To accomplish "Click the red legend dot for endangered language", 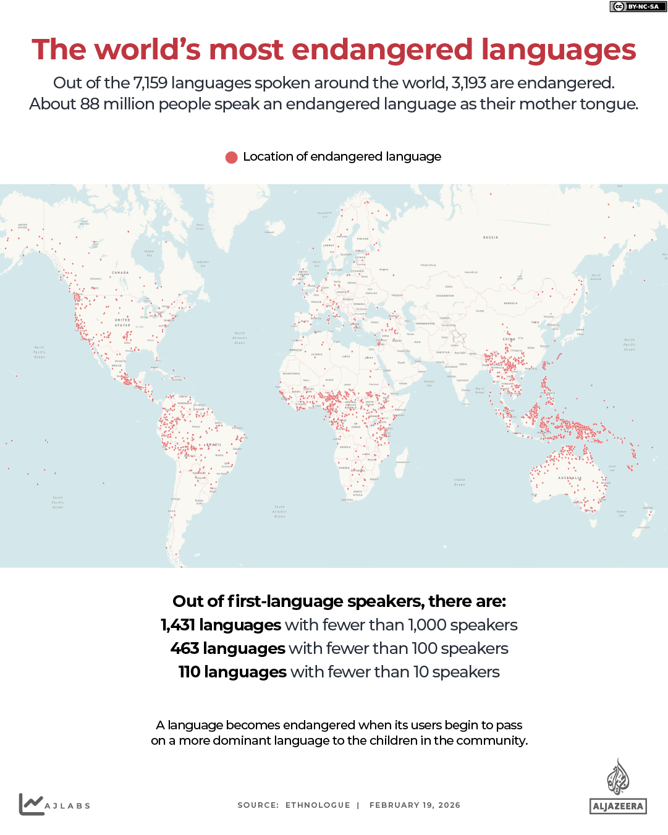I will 232,157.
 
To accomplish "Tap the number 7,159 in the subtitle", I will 150,83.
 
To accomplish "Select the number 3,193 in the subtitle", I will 468,83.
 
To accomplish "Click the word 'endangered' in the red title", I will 382,50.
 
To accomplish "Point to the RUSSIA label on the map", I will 491,237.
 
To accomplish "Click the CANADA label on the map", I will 120,273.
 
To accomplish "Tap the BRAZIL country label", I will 214,444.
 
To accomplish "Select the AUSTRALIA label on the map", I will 570,478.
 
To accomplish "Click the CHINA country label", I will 509,339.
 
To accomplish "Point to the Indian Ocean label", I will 459,482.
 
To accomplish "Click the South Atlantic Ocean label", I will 279,511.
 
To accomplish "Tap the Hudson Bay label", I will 149,253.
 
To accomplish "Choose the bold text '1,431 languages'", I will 221,625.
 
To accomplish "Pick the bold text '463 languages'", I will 227,648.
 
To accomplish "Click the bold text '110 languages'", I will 232,672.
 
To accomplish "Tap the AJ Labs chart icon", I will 31,804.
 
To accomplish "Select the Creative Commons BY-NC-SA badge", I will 638,7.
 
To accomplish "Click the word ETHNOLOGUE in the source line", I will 318,805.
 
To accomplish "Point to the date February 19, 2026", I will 415,805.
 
